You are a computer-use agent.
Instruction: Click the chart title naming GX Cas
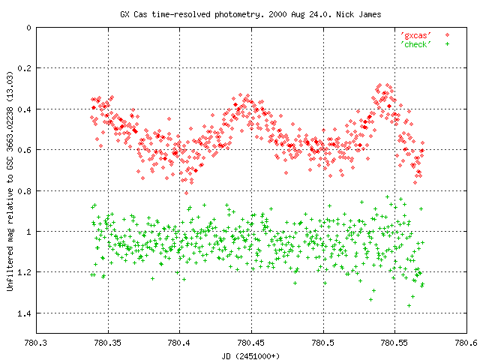tap(240, 14)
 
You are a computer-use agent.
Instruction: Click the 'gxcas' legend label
tap(415, 35)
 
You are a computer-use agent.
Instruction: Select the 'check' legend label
tap(415, 44)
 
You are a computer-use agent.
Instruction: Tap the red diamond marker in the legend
tap(448, 35)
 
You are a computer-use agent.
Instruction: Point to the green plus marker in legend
tap(448, 44)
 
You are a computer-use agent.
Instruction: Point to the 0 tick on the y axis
tap(28, 28)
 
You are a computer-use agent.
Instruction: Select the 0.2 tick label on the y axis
tap(24, 68)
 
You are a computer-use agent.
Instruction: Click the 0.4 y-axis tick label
tap(24, 109)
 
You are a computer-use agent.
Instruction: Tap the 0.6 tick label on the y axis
tap(24, 150)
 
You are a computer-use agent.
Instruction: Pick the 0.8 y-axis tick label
tap(24, 191)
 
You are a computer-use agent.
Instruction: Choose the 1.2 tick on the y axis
tap(24, 272)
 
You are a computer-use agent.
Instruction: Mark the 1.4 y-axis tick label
tap(24, 313)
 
